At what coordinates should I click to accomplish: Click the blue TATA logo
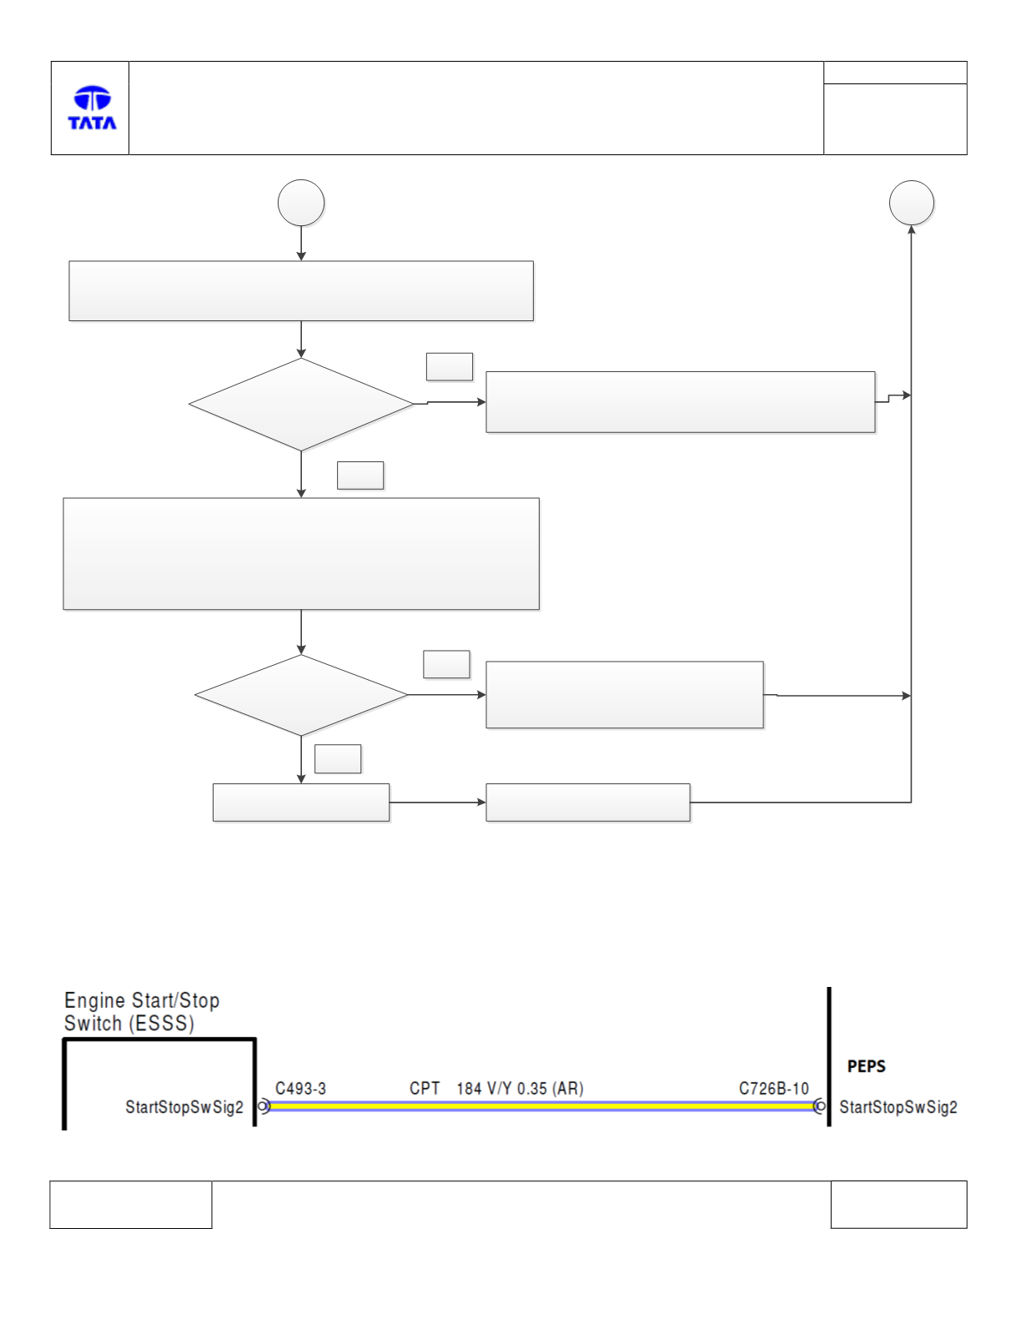[x=92, y=108]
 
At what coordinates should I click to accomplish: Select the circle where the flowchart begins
[x=301, y=203]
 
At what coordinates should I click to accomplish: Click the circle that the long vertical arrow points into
[x=911, y=203]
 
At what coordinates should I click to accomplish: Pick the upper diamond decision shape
[x=301, y=405]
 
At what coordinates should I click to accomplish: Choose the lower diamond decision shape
[x=301, y=695]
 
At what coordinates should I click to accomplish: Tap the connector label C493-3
[x=300, y=1089]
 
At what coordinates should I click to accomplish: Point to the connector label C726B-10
[x=773, y=1089]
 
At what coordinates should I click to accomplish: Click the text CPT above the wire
[x=425, y=1089]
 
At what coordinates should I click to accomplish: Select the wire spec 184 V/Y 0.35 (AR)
[x=520, y=1089]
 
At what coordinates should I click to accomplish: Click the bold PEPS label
[x=866, y=1067]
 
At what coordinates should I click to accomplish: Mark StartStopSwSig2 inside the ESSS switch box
[x=184, y=1107]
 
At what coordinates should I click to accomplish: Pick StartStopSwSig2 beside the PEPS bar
[x=898, y=1107]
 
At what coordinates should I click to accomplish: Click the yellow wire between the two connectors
[x=541, y=1105]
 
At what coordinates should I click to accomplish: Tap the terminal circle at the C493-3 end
[x=263, y=1105]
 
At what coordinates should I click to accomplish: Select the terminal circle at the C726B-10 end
[x=820, y=1105]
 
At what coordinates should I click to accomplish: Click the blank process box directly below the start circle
[x=301, y=291]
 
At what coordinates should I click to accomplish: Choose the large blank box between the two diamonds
[x=301, y=553]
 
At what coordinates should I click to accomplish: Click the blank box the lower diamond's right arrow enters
[x=624, y=695]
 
